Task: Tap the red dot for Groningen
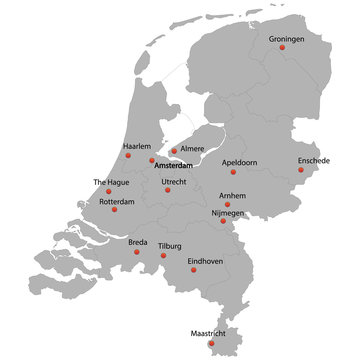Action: tap(282, 47)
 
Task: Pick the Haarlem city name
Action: tap(137, 146)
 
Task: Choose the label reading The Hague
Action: tap(111, 182)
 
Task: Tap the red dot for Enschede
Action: tap(300, 169)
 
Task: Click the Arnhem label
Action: tap(232, 196)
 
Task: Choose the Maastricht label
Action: tap(210, 332)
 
